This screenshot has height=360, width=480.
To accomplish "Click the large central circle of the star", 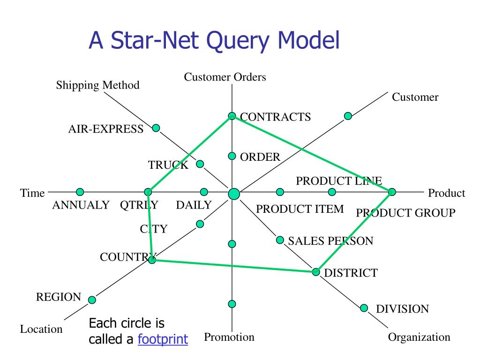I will (233, 193).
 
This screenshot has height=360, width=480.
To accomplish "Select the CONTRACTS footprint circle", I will (232, 116).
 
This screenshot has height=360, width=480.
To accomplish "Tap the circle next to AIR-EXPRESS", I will (156, 128).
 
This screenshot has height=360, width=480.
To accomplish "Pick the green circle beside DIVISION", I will (364, 308).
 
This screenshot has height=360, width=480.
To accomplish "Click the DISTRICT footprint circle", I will (316, 272).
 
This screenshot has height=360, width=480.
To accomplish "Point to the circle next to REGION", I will (92, 300).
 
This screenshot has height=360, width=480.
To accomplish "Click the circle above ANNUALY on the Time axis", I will (80, 191).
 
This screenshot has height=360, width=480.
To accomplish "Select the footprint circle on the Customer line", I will (348, 116).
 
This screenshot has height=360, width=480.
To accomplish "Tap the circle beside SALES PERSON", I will (280, 240).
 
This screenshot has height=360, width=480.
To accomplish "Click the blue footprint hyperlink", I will (163, 339).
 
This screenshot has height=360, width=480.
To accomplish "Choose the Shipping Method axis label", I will (98, 85).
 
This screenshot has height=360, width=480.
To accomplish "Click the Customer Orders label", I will (225, 77).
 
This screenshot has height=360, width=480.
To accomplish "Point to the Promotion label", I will (229, 337).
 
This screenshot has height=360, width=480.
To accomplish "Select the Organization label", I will (419, 337).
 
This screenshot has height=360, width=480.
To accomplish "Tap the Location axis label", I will (41, 329).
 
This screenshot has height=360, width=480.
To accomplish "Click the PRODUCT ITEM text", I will (300, 209).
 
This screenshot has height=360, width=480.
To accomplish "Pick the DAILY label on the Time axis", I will (194, 205).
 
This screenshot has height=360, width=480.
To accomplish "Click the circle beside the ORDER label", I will (232, 156).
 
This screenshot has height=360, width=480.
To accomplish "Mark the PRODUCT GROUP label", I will (405, 213).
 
